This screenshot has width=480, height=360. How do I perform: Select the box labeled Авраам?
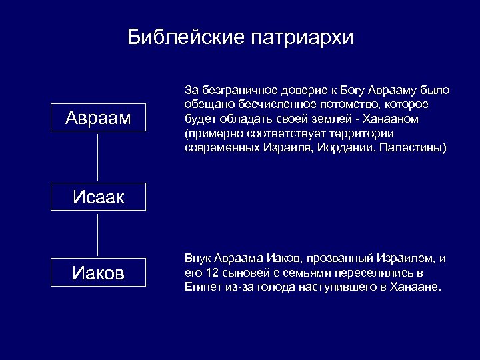coord(98,119)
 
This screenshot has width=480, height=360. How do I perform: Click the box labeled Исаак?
coord(98,197)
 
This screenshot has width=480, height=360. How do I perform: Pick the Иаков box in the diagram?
coord(98,273)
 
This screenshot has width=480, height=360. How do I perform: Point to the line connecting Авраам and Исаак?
coord(98,159)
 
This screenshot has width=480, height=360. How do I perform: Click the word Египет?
coord(201,287)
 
